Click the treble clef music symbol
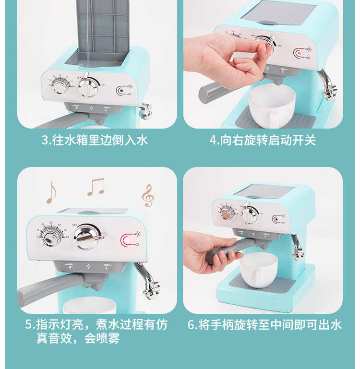coord(148,196)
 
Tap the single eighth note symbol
coord(51,193)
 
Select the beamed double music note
coord(96,187)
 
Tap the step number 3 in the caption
coord(45,140)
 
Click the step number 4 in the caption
coord(213,141)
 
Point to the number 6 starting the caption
coord(191,325)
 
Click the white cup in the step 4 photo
coord(272,106)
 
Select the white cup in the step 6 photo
coord(259,270)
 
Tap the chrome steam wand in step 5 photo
coord(148,281)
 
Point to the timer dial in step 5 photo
coord(51,238)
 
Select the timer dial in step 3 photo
coord(61,86)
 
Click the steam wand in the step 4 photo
coord(327,84)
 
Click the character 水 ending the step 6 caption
coord(336,325)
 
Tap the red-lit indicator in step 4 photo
coord(299,53)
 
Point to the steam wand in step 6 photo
coord(297,248)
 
